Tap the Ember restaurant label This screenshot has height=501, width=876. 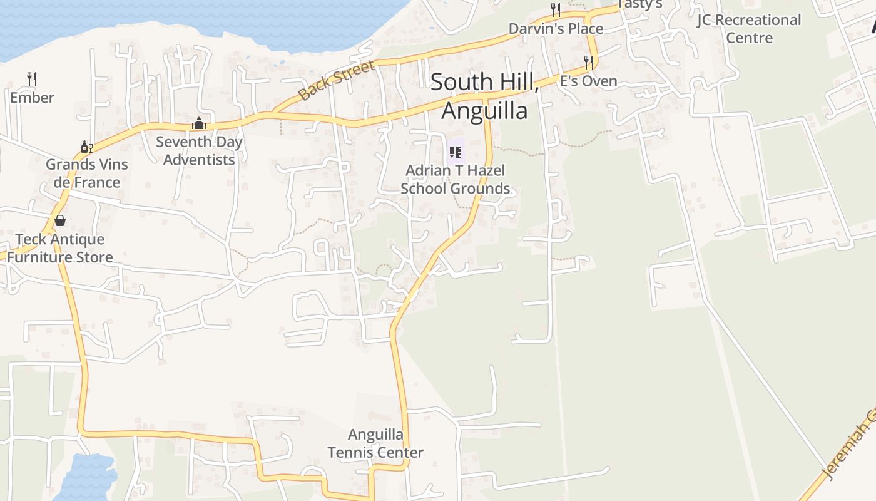(32, 98)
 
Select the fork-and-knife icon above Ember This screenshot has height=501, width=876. (32, 78)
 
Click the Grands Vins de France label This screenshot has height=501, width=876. (86, 173)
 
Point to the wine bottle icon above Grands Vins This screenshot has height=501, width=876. (86, 147)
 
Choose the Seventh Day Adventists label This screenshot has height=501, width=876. (199, 151)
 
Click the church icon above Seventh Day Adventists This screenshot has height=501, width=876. (199, 123)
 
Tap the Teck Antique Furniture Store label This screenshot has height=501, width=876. (61, 248)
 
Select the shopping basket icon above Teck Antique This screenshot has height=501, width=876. (60, 220)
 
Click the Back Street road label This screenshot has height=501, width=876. (337, 81)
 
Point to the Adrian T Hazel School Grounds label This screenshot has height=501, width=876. (455, 180)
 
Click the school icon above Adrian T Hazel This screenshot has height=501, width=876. (456, 152)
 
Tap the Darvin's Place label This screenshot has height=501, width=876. (556, 29)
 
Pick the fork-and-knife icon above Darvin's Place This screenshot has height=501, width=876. (555, 9)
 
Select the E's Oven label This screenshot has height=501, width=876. (588, 81)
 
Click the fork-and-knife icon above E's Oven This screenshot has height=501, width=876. (588, 62)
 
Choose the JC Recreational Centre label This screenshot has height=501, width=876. (749, 29)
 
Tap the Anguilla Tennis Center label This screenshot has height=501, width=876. (375, 443)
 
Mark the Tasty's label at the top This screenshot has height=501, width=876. (639, 4)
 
